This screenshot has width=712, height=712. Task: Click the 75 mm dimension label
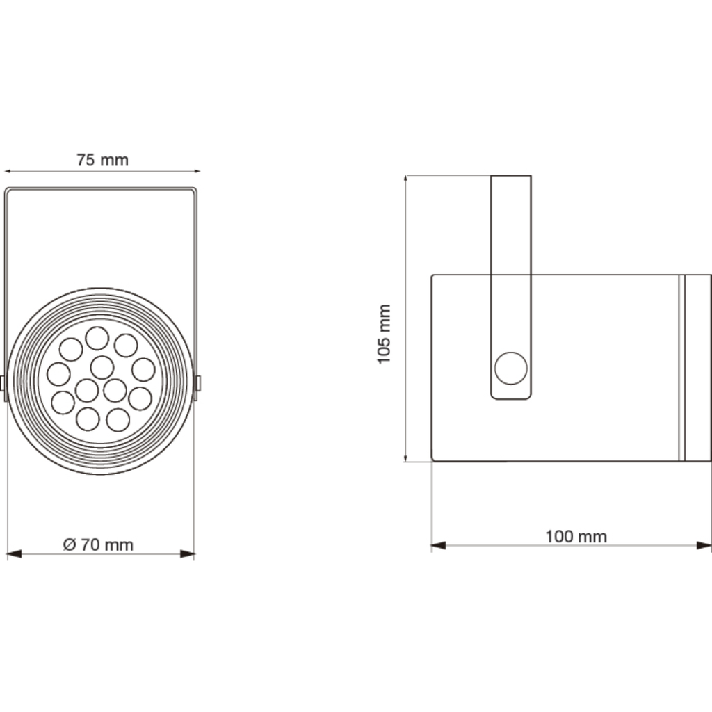[x=102, y=160]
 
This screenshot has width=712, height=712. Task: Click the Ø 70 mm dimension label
[x=98, y=544]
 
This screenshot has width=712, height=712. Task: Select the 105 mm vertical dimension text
[x=384, y=333]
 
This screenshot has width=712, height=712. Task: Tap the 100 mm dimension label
[x=576, y=536]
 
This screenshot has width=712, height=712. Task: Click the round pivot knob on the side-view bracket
[x=510, y=368]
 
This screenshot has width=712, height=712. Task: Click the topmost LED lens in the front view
[x=97, y=339]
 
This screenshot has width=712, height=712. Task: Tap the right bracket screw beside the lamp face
[x=200, y=382]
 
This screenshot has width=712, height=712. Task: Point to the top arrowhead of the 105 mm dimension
[x=406, y=181]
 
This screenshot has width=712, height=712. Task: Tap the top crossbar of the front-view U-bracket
[x=102, y=188]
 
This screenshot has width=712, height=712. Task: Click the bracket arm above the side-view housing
[x=511, y=222]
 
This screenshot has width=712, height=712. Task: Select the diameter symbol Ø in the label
[x=69, y=544]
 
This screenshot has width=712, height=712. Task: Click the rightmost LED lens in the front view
[x=143, y=370]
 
